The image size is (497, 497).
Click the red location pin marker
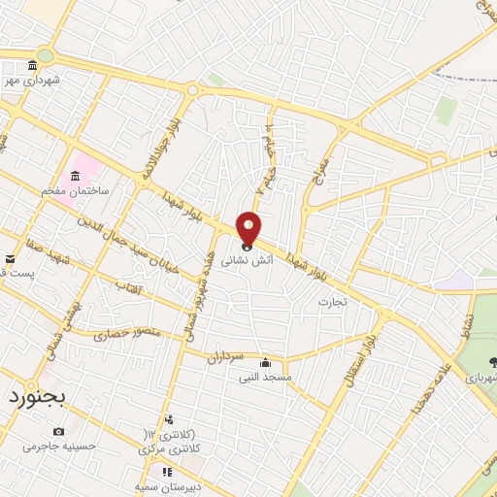tap(249, 229)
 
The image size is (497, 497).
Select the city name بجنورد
tap(33, 398)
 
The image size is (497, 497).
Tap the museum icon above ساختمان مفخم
tap(75, 176)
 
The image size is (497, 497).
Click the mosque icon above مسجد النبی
tap(264, 362)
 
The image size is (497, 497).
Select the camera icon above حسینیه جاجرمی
tap(59, 431)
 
